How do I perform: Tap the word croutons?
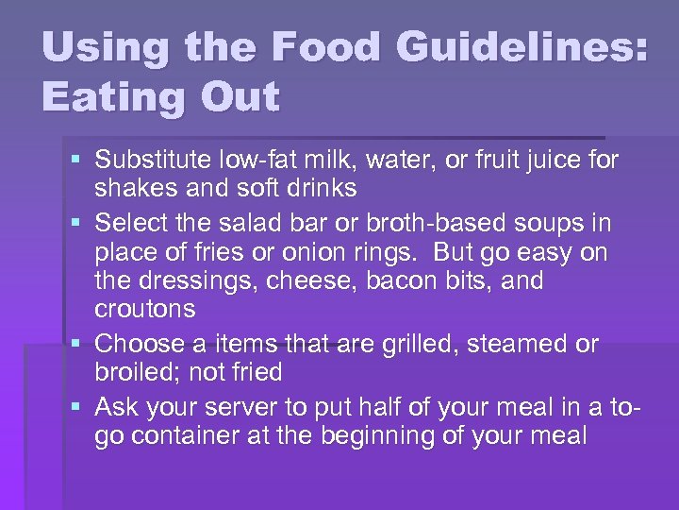click(x=145, y=310)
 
